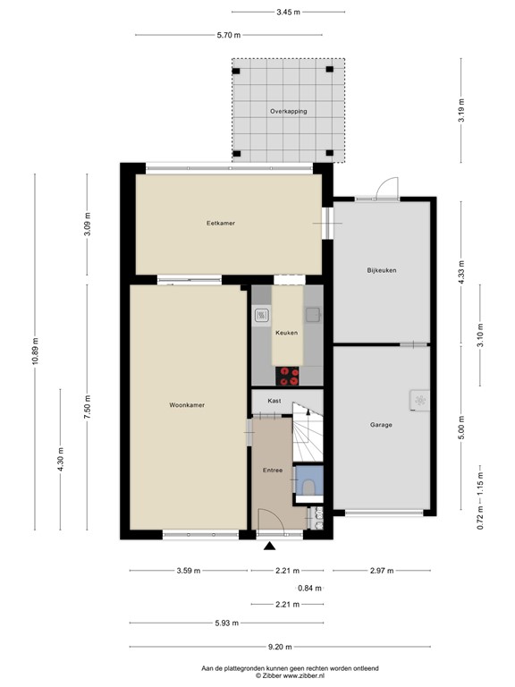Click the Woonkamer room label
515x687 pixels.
[x=187, y=405]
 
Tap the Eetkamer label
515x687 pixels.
[x=220, y=223]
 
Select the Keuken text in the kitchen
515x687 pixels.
[x=286, y=333]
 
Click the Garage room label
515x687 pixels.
[x=381, y=425]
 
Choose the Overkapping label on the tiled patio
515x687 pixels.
[x=288, y=111]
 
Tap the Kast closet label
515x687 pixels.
[x=274, y=401]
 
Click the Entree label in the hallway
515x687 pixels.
[x=273, y=470]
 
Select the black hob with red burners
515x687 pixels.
[x=286, y=373]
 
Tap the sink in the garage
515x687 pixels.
[x=418, y=401]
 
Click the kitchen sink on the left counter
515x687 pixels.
[x=262, y=315]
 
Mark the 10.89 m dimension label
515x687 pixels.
[x=35, y=351]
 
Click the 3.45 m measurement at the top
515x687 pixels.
[x=288, y=12]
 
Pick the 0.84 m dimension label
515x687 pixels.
[x=308, y=588]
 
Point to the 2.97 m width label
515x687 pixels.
[x=381, y=571]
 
